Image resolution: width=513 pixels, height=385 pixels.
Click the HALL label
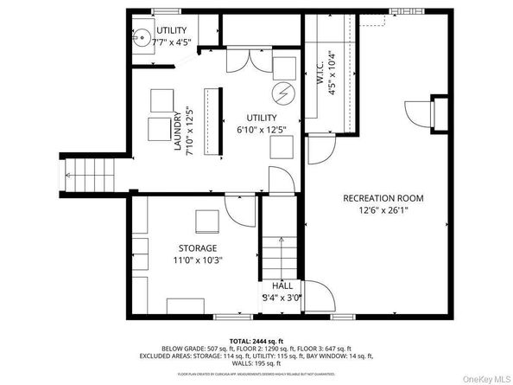(x=282, y=286)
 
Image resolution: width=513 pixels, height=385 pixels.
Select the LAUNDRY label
(x=177, y=132)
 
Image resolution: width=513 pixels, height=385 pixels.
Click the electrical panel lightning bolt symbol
(x=282, y=92)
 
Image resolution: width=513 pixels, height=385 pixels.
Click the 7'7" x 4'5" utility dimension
(x=171, y=41)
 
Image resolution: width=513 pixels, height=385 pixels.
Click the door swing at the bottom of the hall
(x=321, y=299)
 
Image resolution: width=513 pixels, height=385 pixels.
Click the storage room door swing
(x=236, y=208)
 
